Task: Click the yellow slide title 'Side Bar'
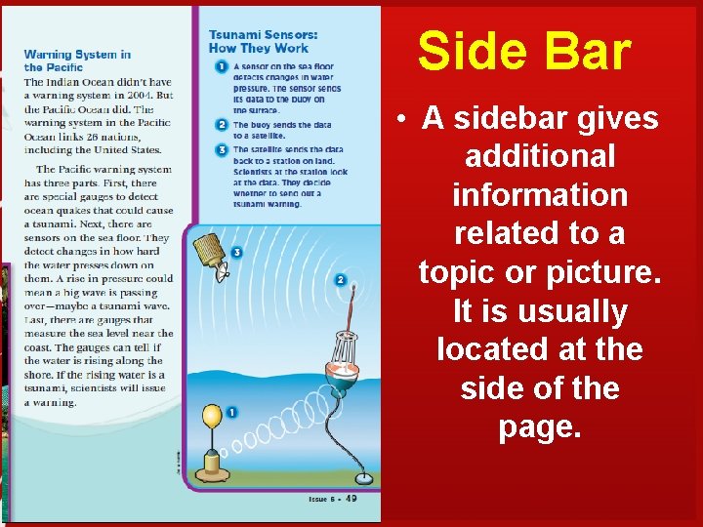524,51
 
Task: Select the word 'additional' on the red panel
540,156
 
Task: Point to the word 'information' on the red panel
540,195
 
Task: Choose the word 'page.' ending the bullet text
540,426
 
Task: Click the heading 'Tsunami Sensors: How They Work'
259,42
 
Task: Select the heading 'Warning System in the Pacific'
77,61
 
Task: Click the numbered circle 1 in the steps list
223,66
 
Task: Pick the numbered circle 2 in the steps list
223,125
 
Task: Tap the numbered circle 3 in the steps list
223,149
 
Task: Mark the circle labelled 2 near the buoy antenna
341,280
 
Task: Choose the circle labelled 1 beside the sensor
232,413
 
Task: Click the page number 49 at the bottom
349,499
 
